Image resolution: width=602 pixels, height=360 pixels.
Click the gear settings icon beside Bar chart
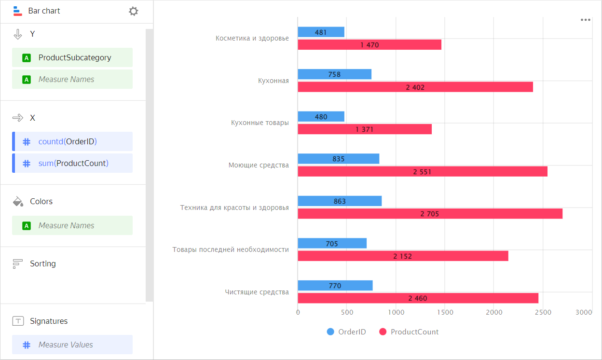[x=134, y=11]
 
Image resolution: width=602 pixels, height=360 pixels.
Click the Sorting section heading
[x=42, y=263]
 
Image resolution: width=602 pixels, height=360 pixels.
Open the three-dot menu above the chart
[x=586, y=20]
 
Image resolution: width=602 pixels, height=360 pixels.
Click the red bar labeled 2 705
[x=430, y=214]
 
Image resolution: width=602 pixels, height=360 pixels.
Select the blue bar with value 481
[x=321, y=32]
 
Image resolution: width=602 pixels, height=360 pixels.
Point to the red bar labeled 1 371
[x=365, y=129]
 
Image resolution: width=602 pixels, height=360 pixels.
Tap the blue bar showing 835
[x=338, y=159]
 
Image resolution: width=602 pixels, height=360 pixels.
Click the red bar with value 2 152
[x=403, y=256]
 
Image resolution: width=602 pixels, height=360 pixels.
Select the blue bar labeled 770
[x=335, y=286]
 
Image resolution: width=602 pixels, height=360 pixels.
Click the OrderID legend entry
[x=347, y=332]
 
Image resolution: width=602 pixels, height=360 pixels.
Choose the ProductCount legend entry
[x=409, y=332]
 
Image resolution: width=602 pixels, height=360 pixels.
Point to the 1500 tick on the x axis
[x=445, y=313]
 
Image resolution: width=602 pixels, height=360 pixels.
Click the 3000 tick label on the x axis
[x=584, y=313]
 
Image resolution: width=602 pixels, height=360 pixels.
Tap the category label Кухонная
[x=273, y=81]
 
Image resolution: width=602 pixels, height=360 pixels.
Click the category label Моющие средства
[x=259, y=165]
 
